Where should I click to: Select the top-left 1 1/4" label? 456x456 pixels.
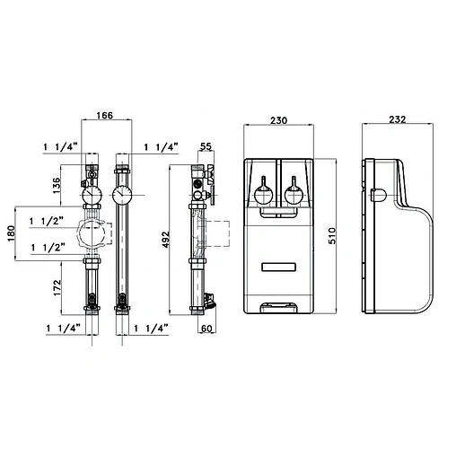[60, 145]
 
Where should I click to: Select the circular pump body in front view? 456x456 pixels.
[92, 235]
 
